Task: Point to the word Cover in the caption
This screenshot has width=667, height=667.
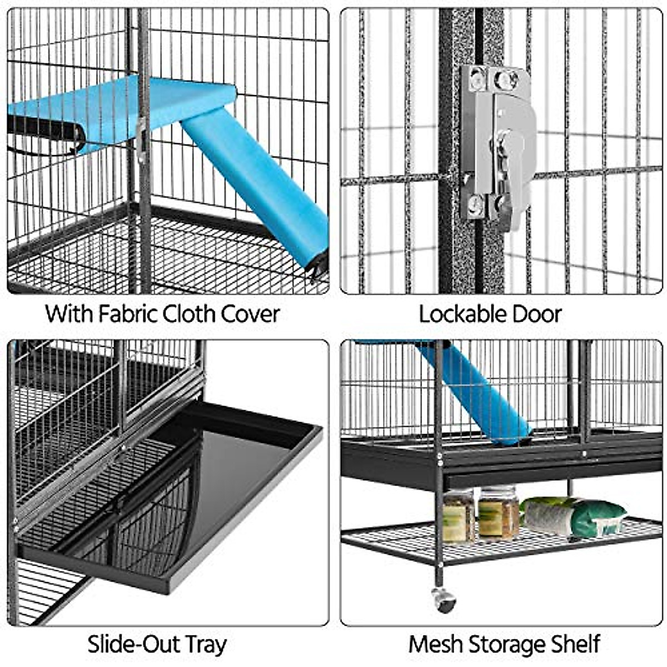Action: (250, 314)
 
